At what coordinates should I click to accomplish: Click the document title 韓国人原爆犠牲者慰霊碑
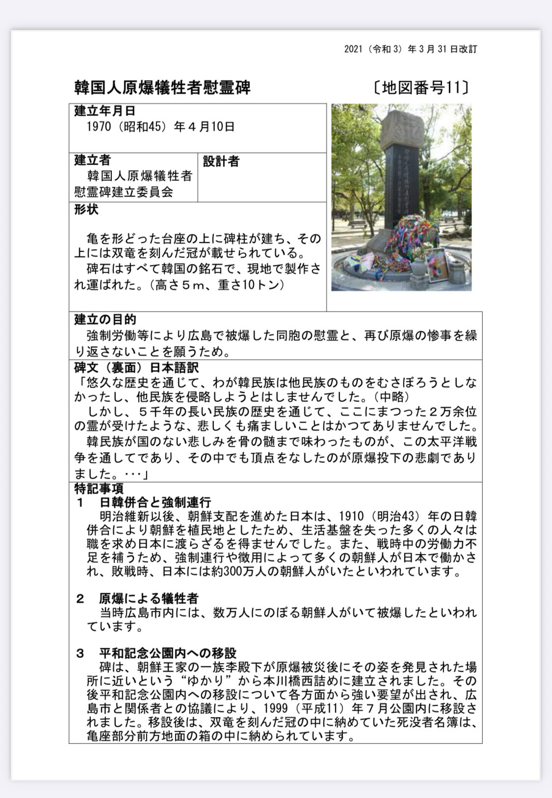(162, 87)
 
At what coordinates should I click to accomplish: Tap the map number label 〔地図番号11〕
(420, 87)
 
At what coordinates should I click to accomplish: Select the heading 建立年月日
(105, 111)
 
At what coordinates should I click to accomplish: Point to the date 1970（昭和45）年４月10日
(160, 127)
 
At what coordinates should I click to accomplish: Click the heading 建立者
(92, 160)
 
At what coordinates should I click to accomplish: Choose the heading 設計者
(221, 161)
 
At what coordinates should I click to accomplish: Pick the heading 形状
(86, 209)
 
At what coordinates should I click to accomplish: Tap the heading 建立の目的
(105, 319)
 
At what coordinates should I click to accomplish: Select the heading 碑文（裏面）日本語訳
(136, 368)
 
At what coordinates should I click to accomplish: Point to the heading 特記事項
(99, 489)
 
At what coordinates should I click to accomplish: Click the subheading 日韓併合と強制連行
(155, 502)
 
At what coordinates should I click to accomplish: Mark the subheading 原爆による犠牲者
(149, 598)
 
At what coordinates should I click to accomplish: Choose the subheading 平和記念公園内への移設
(168, 653)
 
